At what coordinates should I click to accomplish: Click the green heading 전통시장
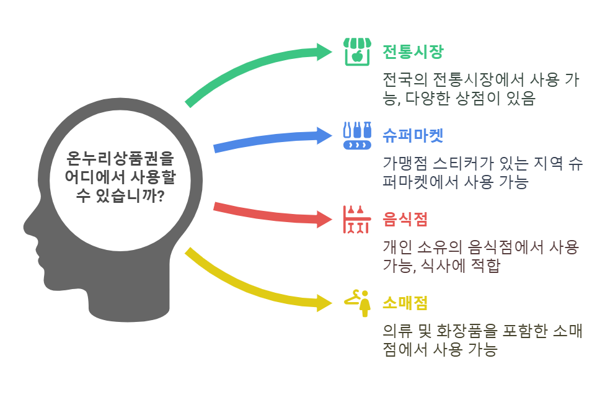(412, 51)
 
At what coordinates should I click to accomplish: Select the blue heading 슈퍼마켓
(412, 135)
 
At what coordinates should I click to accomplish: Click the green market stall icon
(357, 51)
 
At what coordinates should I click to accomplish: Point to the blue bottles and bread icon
(357, 136)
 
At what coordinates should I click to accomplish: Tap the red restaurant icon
(356, 220)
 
